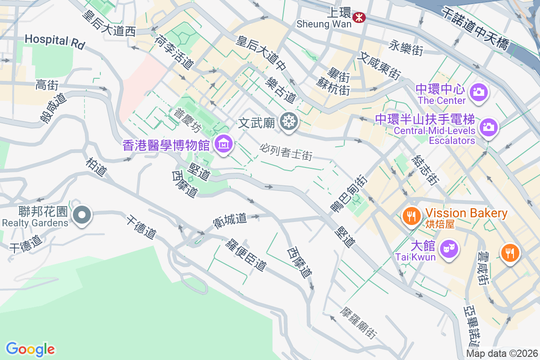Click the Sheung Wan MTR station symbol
point(359,17)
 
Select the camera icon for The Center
point(478,92)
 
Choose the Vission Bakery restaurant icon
point(411,216)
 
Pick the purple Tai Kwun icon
point(449,247)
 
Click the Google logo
point(30,349)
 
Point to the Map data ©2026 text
point(502,354)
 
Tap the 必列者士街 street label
point(286,152)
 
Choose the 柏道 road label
point(96,166)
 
